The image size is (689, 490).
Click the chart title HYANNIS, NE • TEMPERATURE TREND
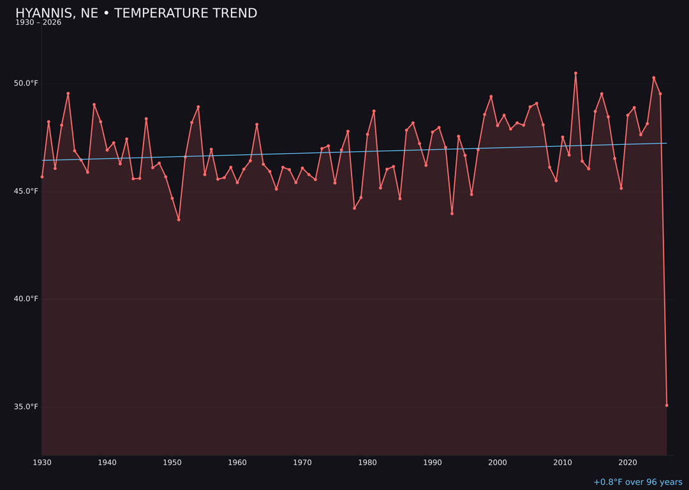(x=136, y=13)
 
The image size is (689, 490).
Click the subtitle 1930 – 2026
(x=38, y=23)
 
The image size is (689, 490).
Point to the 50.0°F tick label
(x=26, y=84)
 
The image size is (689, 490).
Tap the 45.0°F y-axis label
(x=26, y=191)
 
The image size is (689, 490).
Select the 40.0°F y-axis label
(x=26, y=299)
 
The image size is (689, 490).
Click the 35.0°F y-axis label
(x=26, y=407)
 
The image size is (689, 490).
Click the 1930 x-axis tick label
(x=42, y=463)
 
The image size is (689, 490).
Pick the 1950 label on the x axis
(x=172, y=463)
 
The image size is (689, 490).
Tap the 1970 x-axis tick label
(x=302, y=463)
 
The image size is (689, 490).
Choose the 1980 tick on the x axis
(x=367, y=463)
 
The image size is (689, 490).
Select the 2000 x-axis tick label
(x=498, y=463)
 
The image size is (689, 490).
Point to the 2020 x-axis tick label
(x=628, y=463)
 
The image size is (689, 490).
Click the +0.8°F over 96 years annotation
(x=637, y=483)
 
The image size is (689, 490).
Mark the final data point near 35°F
(x=667, y=405)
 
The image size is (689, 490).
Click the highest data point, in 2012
(x=575, y=73)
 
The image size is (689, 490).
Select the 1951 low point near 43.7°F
(x=179, y=219)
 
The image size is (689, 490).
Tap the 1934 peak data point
(x=68, y=94)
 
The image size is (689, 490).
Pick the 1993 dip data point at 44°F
(x=452, y=213)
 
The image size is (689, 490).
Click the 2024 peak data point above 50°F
(x=653, y=78)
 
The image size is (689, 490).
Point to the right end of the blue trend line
(x=666, y=143)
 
